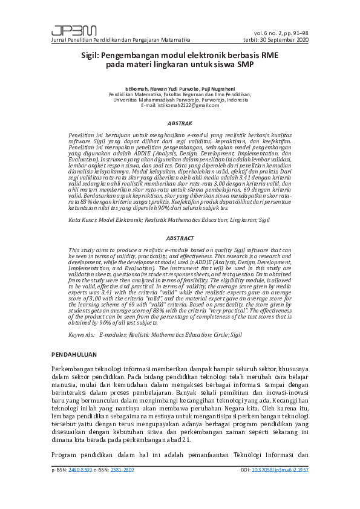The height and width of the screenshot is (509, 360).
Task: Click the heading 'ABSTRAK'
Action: [x=180, y=122]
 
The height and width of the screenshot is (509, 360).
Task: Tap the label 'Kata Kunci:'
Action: [x=83, y=221]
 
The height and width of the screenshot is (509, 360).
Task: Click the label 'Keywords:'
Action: [x=82, y=334]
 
